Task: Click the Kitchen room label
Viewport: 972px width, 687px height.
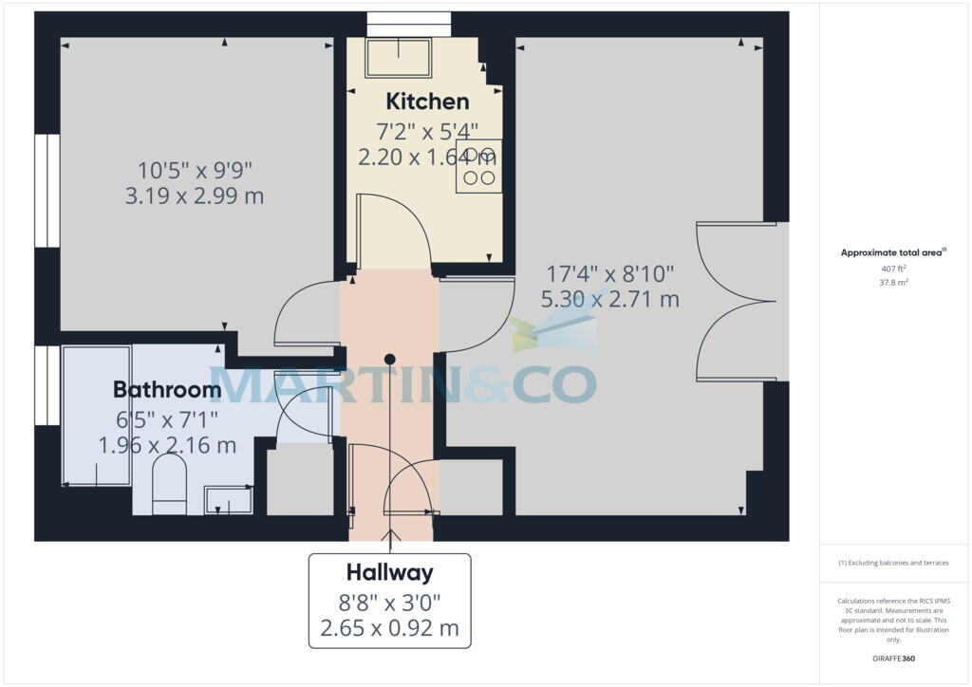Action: click(x=427, y=102)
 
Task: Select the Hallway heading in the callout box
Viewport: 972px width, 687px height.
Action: click(x=389, y=572)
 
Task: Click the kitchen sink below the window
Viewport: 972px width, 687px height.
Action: click(x=398, y=57)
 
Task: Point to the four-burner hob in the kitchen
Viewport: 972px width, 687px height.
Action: click(x=478, y=166)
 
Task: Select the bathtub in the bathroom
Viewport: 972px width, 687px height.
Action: click(x=97, y=416)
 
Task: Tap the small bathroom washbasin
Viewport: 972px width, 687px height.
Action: click(x=228, y=499)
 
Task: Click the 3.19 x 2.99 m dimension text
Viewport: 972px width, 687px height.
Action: click(x=195, y=196)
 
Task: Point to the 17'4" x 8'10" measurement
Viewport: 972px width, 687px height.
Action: click(x=609, y=274)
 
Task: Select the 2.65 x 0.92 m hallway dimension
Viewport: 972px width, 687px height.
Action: click(x=389, y=627)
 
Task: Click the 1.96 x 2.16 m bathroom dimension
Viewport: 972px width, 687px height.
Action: click(x=167, y=444)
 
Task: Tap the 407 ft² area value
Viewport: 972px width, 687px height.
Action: click(x=894, y=269)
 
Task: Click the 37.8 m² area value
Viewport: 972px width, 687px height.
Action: click(x=894, y=282)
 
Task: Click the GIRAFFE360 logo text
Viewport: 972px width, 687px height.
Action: click(x=894, y=658)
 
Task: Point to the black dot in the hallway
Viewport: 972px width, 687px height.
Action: click(x=389, y=359)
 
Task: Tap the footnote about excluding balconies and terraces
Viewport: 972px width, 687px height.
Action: click(x=894, y=563)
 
